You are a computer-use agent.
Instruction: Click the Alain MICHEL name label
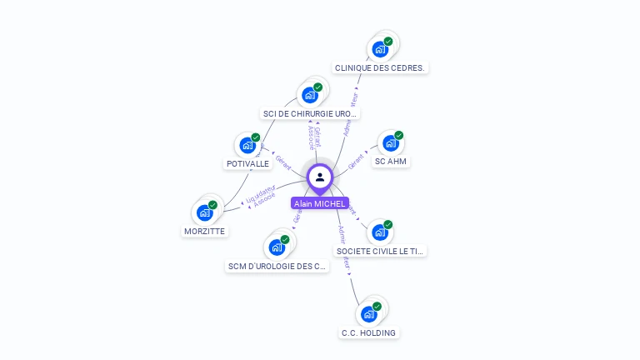[319, 203]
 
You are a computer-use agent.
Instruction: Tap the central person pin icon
[320, 177]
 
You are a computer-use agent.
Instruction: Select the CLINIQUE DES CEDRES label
[381, 67]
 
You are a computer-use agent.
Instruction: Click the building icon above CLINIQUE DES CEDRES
[380, 49]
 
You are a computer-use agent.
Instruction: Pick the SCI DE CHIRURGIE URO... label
[310, 113]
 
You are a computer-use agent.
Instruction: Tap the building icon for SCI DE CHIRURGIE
[310, 95]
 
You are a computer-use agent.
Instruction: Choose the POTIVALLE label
[247, 163]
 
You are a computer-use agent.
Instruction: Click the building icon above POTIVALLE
[247, 145]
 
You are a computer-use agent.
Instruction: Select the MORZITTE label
[204, 231]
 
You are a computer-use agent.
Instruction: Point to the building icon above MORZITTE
[204, 212]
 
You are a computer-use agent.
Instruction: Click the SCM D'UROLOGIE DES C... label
[277, 267]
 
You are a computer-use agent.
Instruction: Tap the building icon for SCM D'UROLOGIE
[277, 247]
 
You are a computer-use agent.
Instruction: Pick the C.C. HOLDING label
[368, 332]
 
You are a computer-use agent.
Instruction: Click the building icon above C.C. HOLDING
[368, 314]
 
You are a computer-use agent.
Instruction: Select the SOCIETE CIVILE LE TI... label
[380, 250]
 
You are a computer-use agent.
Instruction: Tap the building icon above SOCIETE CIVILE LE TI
[380, 232]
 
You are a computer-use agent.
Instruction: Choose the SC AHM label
[391, 161]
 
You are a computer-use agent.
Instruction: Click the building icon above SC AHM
[391, 142]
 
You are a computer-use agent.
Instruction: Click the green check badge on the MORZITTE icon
[212, 204]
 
